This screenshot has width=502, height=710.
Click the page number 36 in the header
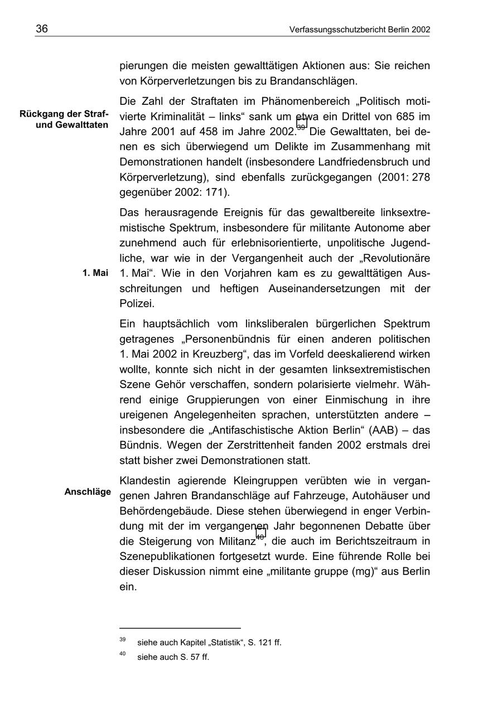pyautogui.click(x=42, y=29)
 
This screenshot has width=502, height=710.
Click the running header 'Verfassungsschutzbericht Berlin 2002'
pyautogui.click(x=360, y=30)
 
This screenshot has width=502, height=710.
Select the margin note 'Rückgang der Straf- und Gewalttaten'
pyautogui.click(x=64, y=119)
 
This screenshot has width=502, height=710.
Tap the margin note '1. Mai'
pyautogui.click(x=95, y=273)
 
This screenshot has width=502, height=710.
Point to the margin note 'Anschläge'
pyautogui.click(x=88, y=491)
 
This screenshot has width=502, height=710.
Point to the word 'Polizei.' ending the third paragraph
pyautogui.click(x=137, y=304)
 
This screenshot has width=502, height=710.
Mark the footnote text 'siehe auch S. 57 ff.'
pyautogui.click(x=173, y=657)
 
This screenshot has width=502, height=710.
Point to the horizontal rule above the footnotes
pyautogui.click(x=180, y=628)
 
